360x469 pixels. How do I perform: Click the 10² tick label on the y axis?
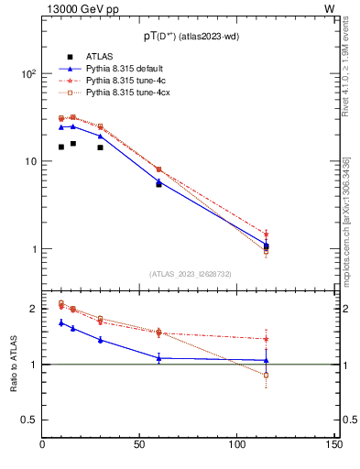pos(29,74)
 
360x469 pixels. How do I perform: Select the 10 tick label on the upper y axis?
pos(31,162)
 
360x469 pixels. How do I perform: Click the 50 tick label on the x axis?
pos(140,445)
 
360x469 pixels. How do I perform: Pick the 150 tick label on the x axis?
pos(334,445)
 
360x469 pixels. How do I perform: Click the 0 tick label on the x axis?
pos(43,445)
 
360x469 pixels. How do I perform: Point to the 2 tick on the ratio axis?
pos(34,309)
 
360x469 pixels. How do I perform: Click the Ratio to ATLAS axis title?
pos(12,365)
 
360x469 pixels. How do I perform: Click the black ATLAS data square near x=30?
pos(100,147)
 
